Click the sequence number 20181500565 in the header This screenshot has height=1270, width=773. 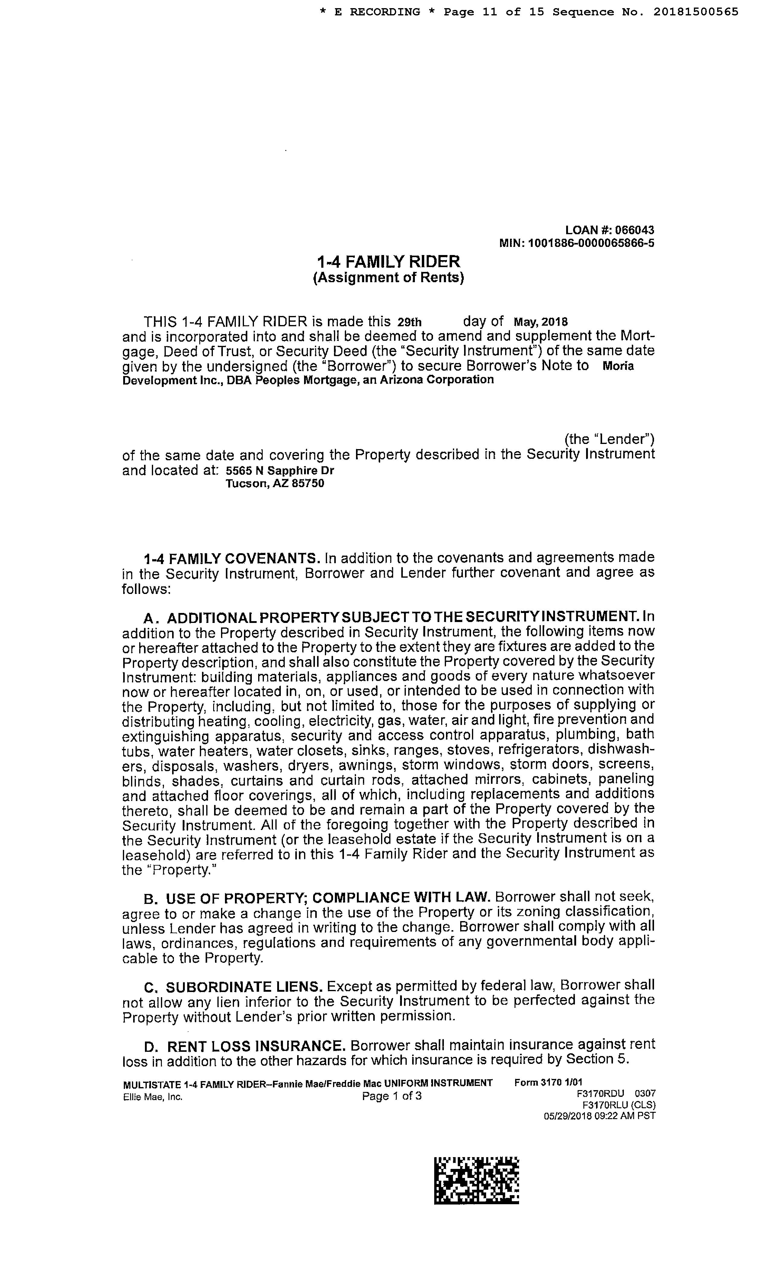pos(696,12)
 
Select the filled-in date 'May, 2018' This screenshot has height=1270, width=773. pos(541,322)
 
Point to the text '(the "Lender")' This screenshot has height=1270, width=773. pos(610,439)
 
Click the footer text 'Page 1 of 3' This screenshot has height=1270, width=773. pos(391,1096)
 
